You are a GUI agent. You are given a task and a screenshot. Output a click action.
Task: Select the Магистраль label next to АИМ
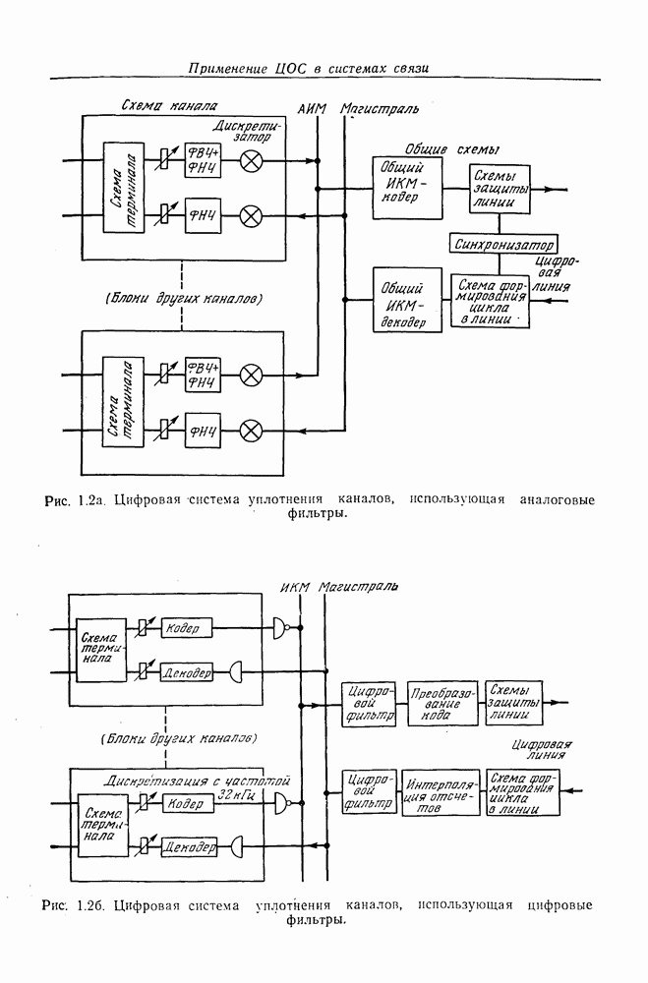coord(380,106)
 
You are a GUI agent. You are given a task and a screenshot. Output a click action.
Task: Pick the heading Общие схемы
coord(451,149)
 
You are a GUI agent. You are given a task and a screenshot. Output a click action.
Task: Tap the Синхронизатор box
coord(501,243)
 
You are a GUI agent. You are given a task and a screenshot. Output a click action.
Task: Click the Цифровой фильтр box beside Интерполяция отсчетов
coord(369,792)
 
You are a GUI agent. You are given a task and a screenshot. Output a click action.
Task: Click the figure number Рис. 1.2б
coord(75,903)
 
